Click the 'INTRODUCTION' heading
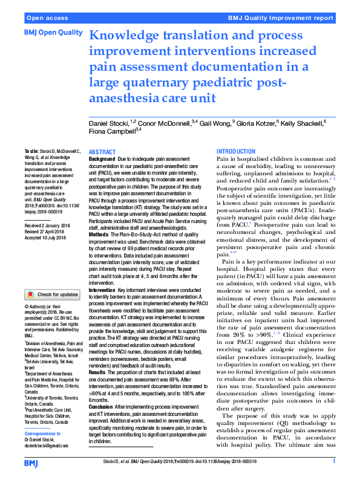click(x=236, y=151)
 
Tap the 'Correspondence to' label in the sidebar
click(x=44, y=434)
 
